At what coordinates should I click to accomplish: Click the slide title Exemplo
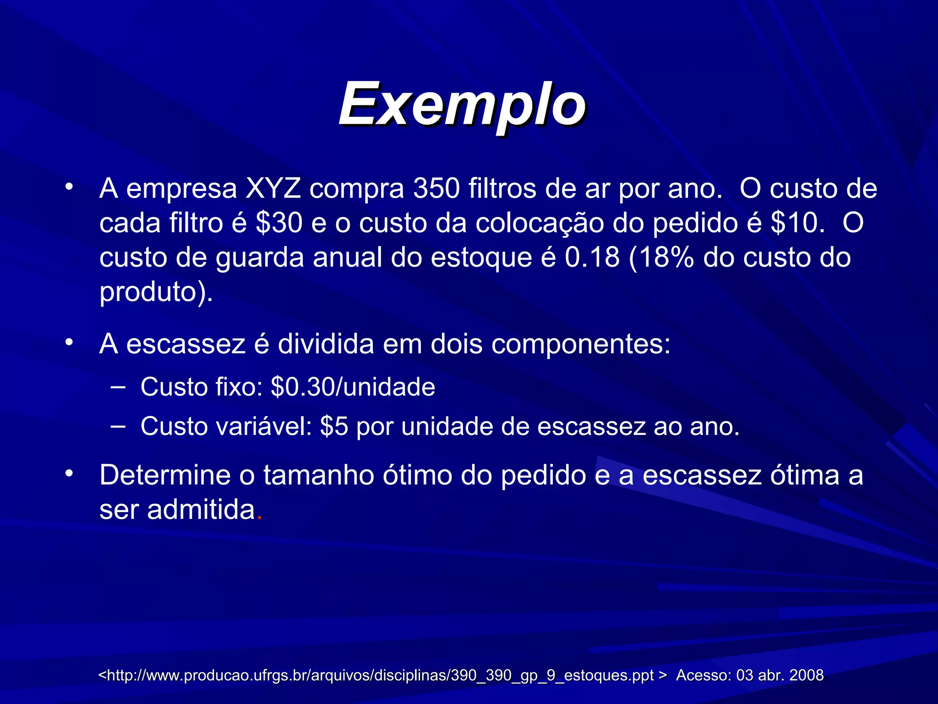click(462, 104)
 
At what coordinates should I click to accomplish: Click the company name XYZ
click(273, 189)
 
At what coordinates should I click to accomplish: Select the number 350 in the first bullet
click(436, 189)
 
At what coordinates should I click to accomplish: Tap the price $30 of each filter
click(279, 223)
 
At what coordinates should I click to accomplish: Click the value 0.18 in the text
click(592, 258)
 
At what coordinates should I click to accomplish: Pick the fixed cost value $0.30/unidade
click(353, 387)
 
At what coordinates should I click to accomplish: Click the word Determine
click(165, 475)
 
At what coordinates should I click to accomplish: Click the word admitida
click(201, 510)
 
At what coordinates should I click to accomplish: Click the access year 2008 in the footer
click(806, 675)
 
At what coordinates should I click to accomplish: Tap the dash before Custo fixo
click(118, 388)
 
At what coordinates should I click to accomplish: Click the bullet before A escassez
click(69, 343)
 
